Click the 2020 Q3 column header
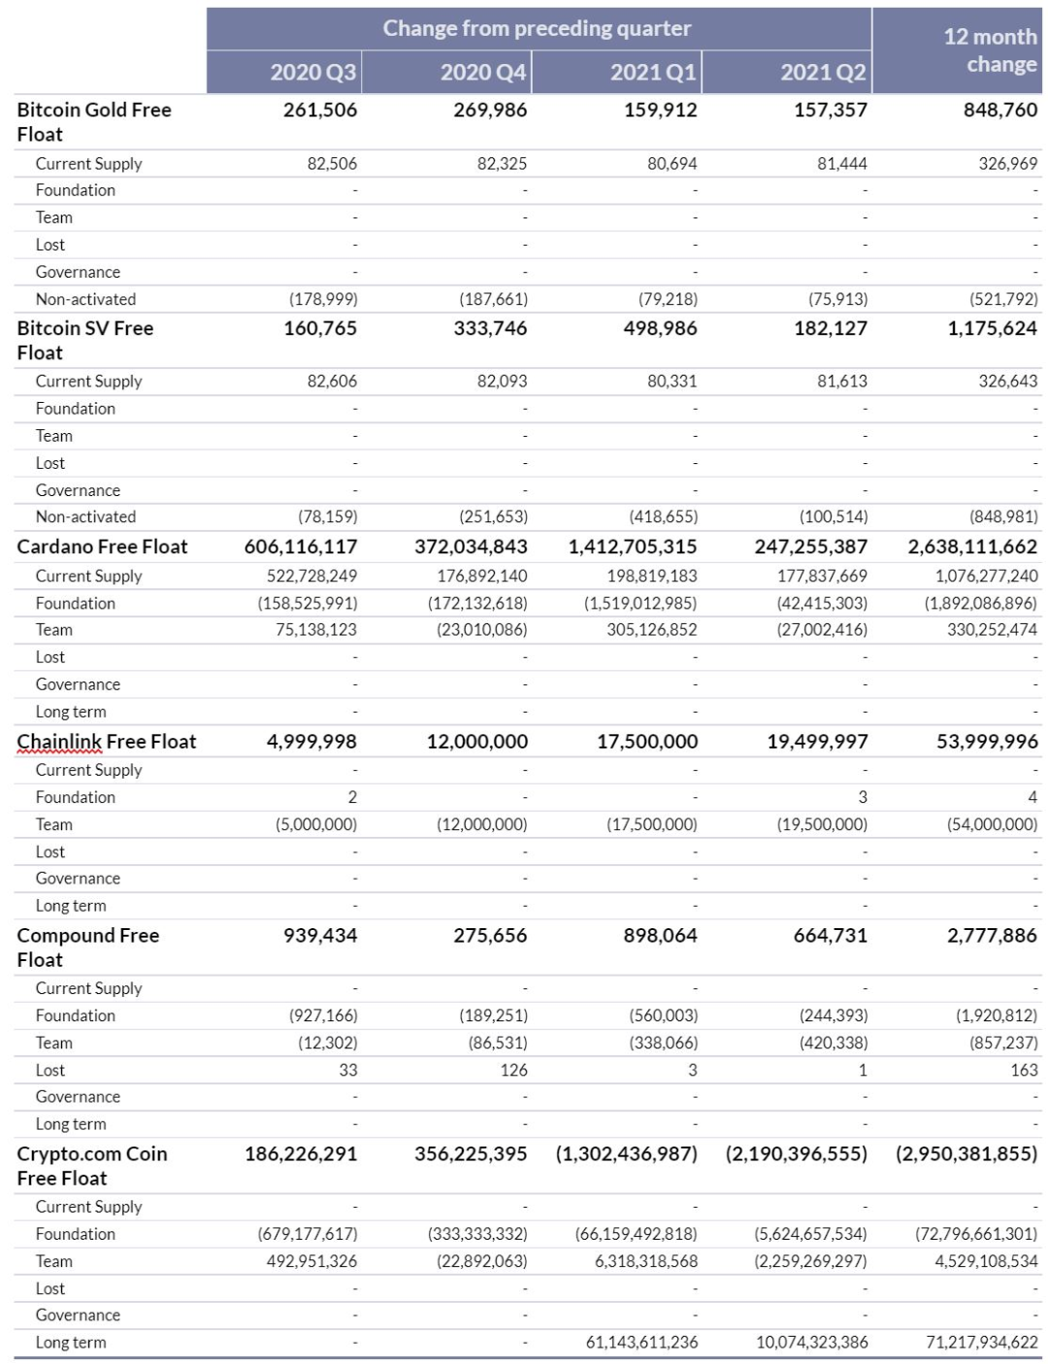(312, 73)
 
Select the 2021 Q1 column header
(653, 73)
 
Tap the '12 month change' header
(990, 50)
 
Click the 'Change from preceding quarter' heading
(537, 28)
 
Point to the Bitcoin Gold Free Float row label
(94, 121)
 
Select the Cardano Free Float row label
(102, 547)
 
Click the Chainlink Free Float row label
(107, 742)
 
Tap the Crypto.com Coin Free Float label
(92, 1165)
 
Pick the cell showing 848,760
(999, 110)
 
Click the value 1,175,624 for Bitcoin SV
(992, 328)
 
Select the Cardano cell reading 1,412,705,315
(633, 547)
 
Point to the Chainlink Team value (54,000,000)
(992, 824)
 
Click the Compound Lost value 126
(513, 1070)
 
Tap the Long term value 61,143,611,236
(641, 1343)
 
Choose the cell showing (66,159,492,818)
(636, 1234)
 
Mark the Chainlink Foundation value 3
(862, 797)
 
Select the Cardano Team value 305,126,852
(652, 630)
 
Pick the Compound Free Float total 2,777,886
(992, 936)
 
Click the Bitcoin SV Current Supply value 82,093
(502, 382)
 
